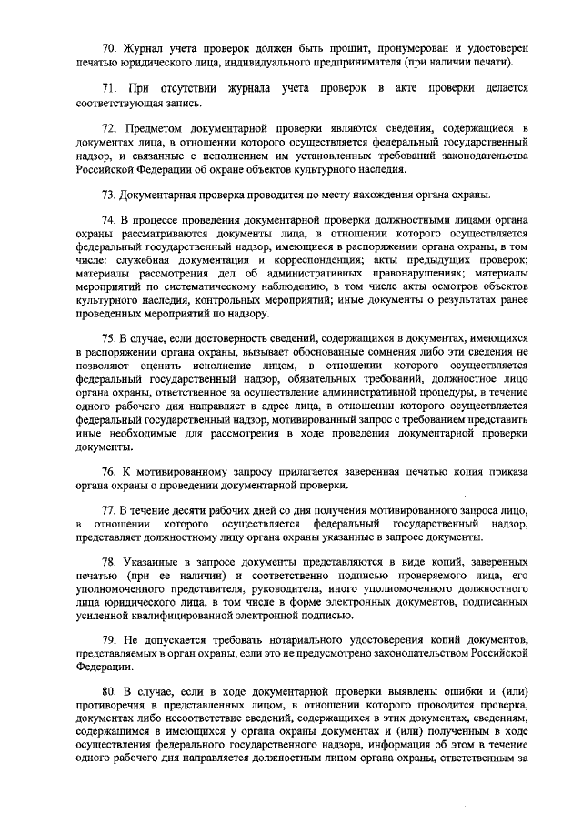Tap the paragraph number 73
point(107,194)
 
